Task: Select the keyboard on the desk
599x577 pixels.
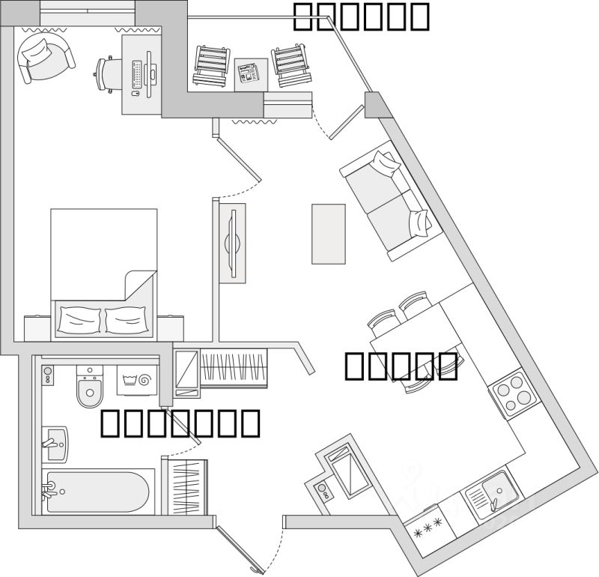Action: tap(137, 74)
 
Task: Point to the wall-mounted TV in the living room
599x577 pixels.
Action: tap(233, 242)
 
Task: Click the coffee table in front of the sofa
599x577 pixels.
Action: tap(328, 233)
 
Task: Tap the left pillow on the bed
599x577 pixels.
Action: tap(79, 321)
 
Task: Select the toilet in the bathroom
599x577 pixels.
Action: tap(90, 387)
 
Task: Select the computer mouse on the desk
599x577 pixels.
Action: tap(136, 94)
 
